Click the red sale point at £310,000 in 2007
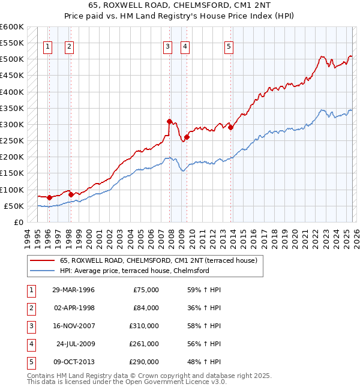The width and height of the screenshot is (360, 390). pyautogui.click(x=170, y=121)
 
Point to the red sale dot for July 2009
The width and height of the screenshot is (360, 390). pyautogui.click(x=187, y=137)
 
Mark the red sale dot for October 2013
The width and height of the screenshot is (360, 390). pyautogui.click(x=230, y=127)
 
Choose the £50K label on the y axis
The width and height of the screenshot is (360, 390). pyautogui.click(x=14, y=206)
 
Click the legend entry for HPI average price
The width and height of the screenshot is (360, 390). pyautogui.click(x=134, y=271)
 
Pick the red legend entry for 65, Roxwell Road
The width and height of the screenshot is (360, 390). pyautogui.click(x=158, y=260)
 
